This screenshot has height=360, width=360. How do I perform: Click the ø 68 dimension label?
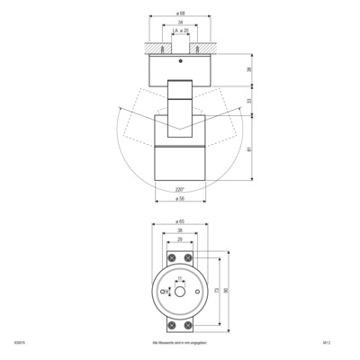tap(180, 14)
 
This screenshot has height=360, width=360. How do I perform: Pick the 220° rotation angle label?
tap(180, 190)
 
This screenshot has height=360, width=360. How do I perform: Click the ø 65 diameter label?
tap(180, 221)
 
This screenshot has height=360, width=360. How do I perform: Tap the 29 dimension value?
tap(180, 241)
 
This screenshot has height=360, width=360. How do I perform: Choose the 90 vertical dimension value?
tap(227, 291)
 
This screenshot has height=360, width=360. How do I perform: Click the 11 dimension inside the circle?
tap(180, 278)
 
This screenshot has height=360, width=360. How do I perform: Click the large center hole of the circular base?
tap(180, 292)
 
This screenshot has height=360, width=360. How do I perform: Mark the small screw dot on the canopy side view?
tap(181, 61)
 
